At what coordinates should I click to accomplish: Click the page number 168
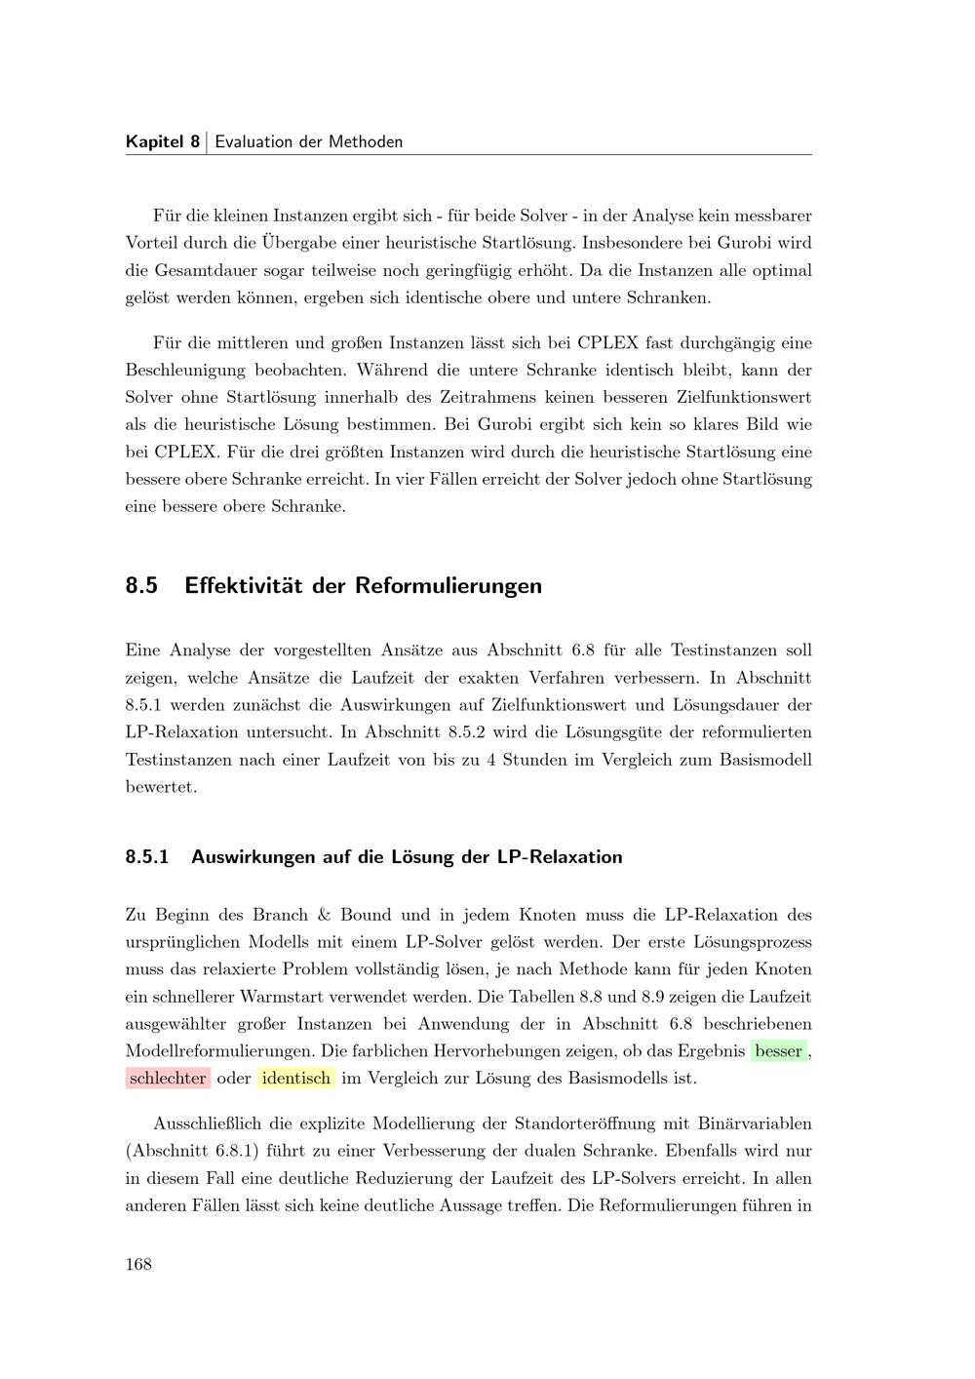[x=138, y=1264]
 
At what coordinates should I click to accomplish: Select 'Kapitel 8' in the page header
[x=163, y=141]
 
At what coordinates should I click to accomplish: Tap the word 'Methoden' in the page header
[x=366, y=141]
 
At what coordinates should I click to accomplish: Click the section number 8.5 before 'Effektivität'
[x=142, y=586]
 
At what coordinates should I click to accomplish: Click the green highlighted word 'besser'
[x=779, y=1050]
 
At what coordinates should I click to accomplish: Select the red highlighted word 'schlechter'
[x=168, y=1078]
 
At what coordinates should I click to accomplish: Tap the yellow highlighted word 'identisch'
[x=296, y=1078]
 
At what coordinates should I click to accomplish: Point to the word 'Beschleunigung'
[x=184, y=371]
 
